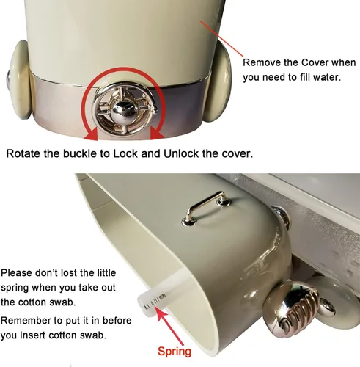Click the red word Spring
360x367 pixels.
[x=175, y=352]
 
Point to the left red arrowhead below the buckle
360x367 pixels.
[x=91, y=134]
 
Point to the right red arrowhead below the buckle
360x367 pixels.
[x=157, y=134]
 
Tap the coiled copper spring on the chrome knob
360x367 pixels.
[x=300, y=310]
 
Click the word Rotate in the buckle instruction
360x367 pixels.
[x=23, y=153]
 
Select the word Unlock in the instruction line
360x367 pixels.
[x=181, y=153]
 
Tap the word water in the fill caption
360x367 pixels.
[x=327, y=77]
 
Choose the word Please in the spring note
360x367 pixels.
[x=17, y=273]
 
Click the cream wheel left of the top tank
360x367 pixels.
[x=20, y=80]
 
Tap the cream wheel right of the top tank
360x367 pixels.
[x=217, y=82]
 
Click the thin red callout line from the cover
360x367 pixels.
[x=221, y=39]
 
